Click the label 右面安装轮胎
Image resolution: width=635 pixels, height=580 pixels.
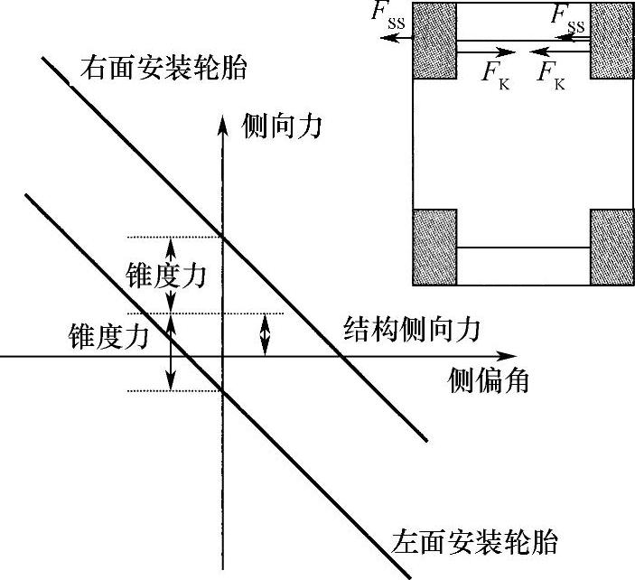point(163,68)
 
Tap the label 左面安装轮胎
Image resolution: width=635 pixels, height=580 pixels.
point(475,542)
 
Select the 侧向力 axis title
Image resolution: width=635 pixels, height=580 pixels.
point(283,127)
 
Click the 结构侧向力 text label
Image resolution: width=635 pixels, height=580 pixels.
point(412,331)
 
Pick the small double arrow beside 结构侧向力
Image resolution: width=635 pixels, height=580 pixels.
point(265,333)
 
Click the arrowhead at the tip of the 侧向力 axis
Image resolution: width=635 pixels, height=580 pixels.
point(222,122)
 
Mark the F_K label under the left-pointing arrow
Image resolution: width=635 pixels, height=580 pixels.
point(551,72)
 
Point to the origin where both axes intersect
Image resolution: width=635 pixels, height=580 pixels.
point(222,357)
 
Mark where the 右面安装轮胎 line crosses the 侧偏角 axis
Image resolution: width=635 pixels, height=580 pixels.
point(342,357)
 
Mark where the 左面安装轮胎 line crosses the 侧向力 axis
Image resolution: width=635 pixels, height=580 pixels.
point(222,391)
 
